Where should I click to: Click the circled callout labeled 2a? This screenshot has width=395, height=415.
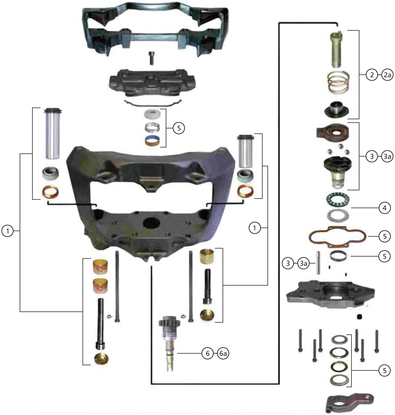(x=387, y=75)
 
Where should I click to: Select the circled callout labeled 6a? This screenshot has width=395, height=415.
(x=223, y=354)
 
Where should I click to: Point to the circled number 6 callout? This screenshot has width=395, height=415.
(x=207, y=354)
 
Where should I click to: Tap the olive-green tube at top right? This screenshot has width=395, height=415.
(x=338, y=49)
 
